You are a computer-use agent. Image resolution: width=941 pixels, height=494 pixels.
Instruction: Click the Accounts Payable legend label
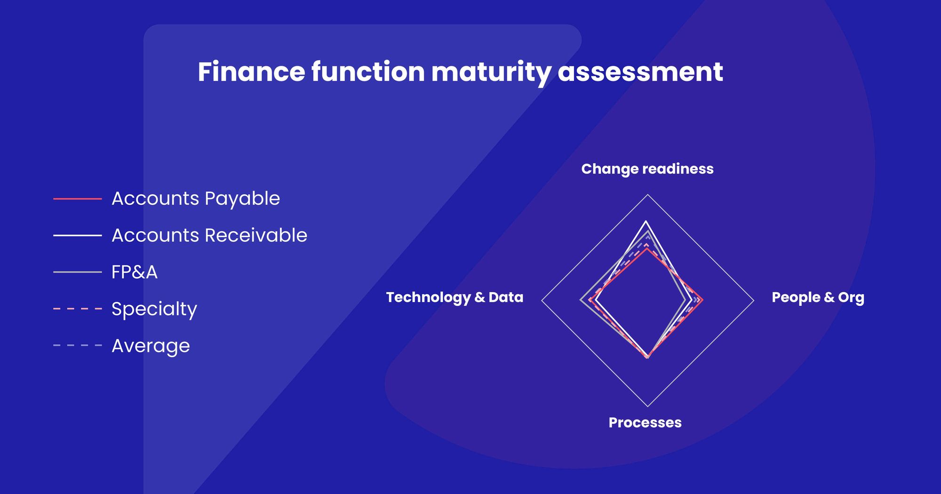point(196,199)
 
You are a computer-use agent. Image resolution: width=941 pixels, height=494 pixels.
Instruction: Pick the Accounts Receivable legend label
point(209,235)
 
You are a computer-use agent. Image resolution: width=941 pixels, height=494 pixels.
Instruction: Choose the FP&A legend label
point(135,272)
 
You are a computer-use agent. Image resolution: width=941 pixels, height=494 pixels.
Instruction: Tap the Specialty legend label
point(154,309)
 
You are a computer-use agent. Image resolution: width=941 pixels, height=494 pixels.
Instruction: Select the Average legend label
point(151,346)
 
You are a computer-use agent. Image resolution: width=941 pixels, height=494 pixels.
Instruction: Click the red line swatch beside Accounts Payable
point(78,199)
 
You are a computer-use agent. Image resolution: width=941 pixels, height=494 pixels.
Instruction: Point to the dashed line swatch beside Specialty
point(78,309)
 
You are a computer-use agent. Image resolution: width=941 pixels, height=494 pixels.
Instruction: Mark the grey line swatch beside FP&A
point(78,272)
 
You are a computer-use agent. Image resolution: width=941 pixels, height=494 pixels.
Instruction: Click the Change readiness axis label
point(647,169)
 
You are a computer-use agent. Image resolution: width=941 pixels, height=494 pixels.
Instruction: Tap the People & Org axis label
point(818,297)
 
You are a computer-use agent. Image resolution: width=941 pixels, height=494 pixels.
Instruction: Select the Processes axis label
point(645,422)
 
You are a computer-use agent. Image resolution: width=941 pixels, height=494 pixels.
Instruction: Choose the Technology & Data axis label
point(455,297)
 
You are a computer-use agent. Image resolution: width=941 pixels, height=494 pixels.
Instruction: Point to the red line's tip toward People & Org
point(702,300)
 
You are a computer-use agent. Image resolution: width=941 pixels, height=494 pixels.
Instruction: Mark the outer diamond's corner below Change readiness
point(648,195)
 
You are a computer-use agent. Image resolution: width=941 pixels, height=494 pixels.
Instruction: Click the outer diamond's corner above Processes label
point(648,406)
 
